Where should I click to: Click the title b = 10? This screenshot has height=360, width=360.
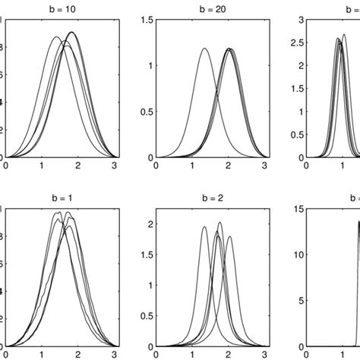point(62,7)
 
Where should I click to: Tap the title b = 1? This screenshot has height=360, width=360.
point(62,195)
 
